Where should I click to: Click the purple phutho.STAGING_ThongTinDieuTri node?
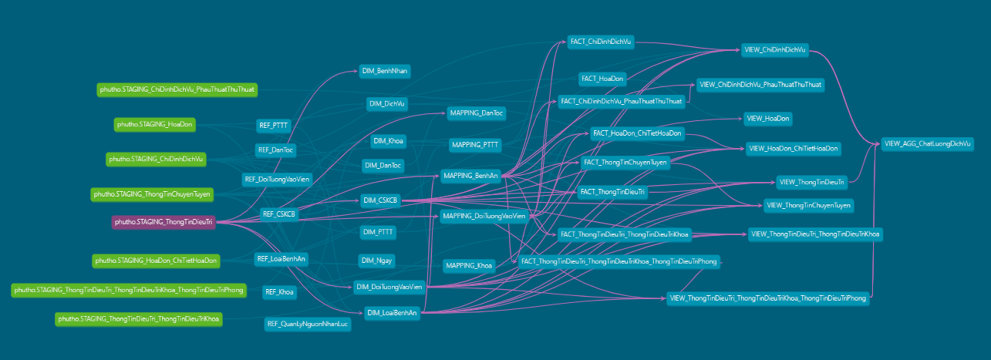163,222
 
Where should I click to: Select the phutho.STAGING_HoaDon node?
155,123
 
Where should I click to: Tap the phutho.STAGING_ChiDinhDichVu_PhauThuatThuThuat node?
177,89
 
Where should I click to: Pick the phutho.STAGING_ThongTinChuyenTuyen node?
153,193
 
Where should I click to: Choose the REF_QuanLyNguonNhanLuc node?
308,324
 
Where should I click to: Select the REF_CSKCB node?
279,214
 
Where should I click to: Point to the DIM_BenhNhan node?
385,71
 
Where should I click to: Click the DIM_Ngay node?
376,261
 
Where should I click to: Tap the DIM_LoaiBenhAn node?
392,312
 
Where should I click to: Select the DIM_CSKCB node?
380,200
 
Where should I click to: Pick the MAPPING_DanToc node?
477,113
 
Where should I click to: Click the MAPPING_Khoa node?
469,266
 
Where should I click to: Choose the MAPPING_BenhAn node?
470,176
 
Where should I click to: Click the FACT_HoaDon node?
603,79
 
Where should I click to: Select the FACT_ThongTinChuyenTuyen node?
625,163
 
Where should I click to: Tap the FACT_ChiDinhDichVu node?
600,41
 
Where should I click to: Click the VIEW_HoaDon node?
768,118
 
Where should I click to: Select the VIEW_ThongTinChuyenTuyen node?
808,205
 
